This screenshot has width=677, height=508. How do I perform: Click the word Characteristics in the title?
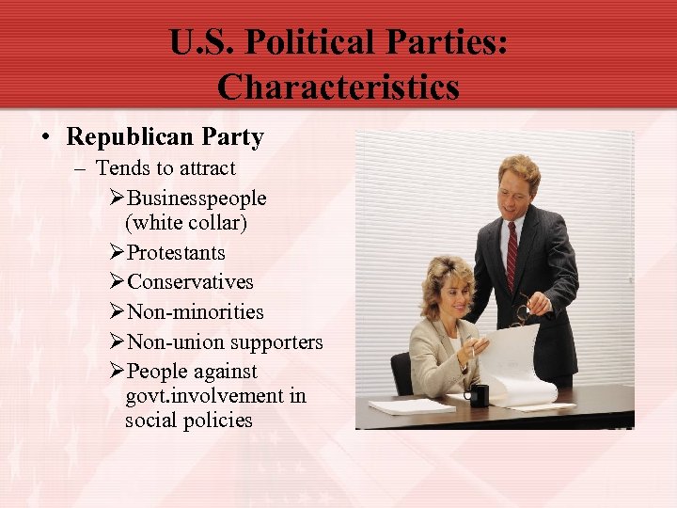tap(338, 87)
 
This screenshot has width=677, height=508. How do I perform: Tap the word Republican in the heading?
tap(131, 137)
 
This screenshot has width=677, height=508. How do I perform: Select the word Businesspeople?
tap(197, 198)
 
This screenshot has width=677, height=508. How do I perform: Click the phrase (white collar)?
tap(186, 223)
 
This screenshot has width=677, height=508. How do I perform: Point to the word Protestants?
tap(176, 253)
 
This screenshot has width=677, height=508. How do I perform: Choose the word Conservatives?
tap(190, 282)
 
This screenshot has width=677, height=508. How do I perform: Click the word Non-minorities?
tap(195, 312)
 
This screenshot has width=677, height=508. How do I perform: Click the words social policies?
tap(188, 420)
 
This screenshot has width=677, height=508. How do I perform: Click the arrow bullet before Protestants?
tap(117, 253)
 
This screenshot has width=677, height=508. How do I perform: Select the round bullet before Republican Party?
tap(45, 138)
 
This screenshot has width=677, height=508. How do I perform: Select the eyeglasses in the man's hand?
tap(520, 312)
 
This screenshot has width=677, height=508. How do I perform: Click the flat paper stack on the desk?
tap(410, 406)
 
